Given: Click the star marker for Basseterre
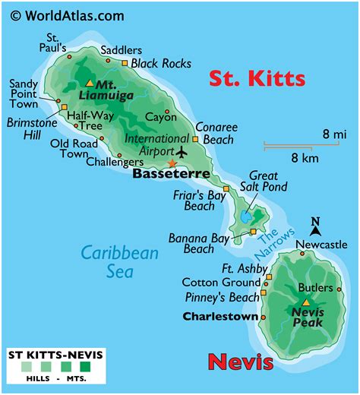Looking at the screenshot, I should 172,163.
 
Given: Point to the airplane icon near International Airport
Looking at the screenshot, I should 180,150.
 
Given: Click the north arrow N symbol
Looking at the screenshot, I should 315,222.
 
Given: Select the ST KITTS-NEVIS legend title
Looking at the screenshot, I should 56,356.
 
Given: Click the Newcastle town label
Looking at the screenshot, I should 321,245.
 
